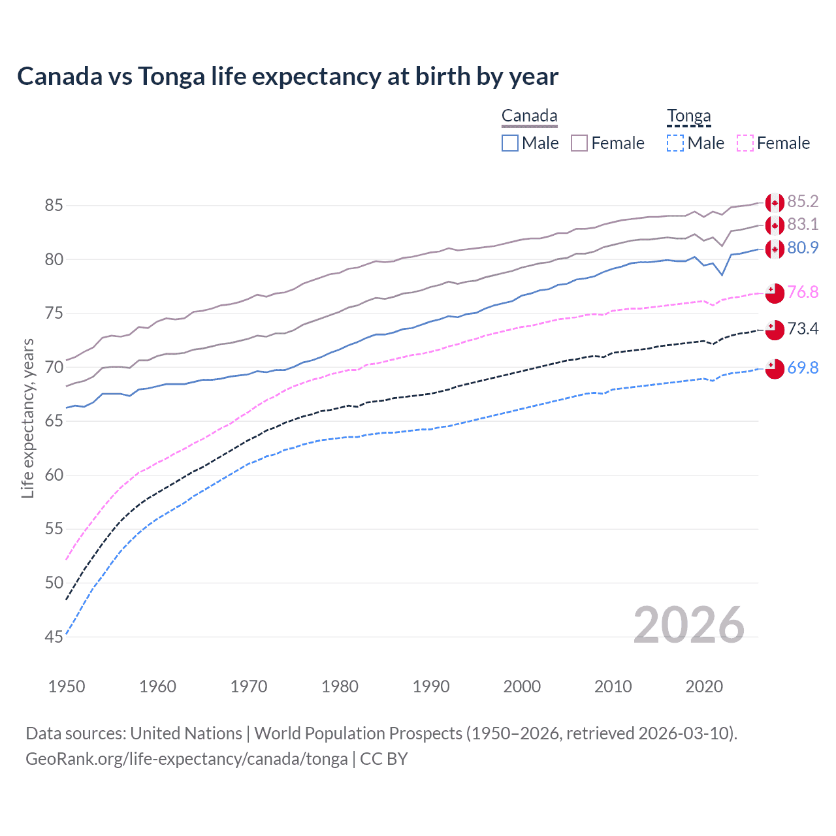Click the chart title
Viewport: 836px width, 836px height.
[x=287, y=76]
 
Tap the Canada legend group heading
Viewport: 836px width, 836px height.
[x=529, y=116]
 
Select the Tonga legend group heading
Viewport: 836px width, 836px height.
[x=688, y=116]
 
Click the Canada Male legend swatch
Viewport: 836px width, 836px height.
[x=510, y=143]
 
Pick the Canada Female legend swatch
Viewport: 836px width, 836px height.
[x=579, y=143]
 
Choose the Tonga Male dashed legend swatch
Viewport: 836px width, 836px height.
[x=675, y=143]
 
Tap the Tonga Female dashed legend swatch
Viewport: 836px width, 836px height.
[x=745, y=143]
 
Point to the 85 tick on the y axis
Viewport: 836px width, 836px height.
[x=54, y=206]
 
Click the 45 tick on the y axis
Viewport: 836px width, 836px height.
[x=54, y=637]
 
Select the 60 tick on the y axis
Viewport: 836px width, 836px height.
[x=54, y=475]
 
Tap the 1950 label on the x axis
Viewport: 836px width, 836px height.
[x=67, y=686]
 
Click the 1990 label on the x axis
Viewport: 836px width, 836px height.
[x=431, y=686]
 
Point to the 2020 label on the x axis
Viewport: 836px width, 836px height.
[x=704, y=686]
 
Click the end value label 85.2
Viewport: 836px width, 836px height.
[x=803, y=201]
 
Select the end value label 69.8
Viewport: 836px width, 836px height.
[x=803, y=368]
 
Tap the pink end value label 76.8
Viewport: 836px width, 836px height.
[x=803, y=292]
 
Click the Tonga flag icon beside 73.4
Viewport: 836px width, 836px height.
[x=775, y=330]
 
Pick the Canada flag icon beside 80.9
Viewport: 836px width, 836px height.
[x=775, y=249]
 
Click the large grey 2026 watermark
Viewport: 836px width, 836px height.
[x=688, y=625]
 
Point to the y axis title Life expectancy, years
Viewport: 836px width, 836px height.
[x=27, y=418]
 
